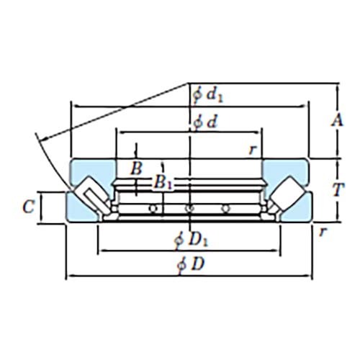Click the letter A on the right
(335, 121)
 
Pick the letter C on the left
(27, 207)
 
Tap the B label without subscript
(135, 169)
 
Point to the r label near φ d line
(252, 149)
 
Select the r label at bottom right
(323, 231)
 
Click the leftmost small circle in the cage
(153, 209)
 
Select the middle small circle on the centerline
(189, 209)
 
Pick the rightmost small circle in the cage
(226, 209)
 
